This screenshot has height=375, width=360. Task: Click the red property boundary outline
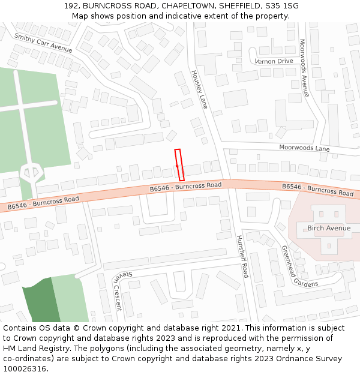pyautogui.click(x=179, y=164)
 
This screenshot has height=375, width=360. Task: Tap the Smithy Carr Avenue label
pyautogui.click(x=43, y=43)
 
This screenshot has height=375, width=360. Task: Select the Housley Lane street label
pyautogui.click(x=199, y=89)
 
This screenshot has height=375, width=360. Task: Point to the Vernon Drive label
pyautogui.click(x=274, y=61)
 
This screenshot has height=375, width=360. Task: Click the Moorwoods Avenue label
pyautogui.click(x=304, y=68)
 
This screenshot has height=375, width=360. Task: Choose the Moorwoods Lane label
pyautogui.click(x=304, y=148)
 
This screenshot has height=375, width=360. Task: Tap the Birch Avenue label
pyautogui.click(x=329, y=228)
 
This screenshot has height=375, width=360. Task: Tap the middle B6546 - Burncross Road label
pyautogui.click(x=185, y=187)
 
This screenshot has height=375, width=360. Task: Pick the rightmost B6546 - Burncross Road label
pyautogui.click(x=317, y=190)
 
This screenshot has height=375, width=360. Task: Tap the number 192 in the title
pyautogui.click(x=71, y=6)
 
